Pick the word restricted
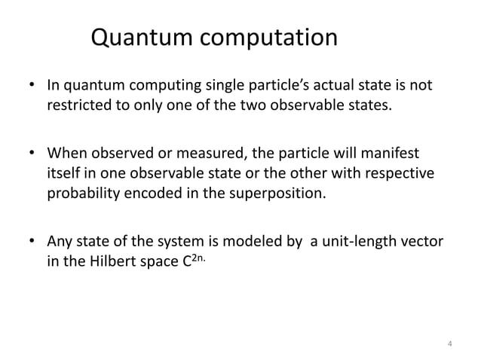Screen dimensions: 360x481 coord(79,104)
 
